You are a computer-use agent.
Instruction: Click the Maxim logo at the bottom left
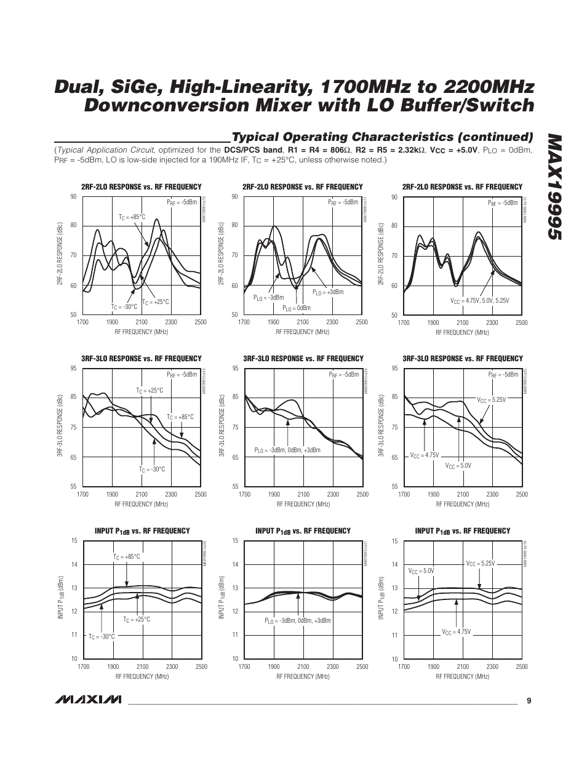point(87,700)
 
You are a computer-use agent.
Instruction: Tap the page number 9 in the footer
point(529,700)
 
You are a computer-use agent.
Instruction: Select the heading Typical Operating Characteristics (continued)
point(381,137)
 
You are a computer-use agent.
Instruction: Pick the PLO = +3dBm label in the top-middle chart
point(328,292)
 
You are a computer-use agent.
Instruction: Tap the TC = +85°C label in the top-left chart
point(132,217)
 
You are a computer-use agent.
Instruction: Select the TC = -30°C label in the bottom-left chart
point(102,636)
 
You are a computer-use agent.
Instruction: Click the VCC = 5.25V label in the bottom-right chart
point(480,563)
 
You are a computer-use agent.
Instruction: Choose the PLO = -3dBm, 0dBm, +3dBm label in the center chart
point(287,450)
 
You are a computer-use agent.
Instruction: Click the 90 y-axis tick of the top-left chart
point(73,196)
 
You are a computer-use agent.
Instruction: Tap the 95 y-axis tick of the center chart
point(235,368)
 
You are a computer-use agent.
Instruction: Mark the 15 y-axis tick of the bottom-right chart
point(395,541)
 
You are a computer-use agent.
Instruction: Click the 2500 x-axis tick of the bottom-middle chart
point(362,666)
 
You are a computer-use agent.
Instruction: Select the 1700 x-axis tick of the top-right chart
point(404,322)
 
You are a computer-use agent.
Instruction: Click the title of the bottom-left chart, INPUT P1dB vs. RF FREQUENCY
point(142,530)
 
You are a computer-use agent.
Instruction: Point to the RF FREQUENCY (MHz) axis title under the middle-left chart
point(142,504)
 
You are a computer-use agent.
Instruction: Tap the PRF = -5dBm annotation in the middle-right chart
point(503,374)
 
